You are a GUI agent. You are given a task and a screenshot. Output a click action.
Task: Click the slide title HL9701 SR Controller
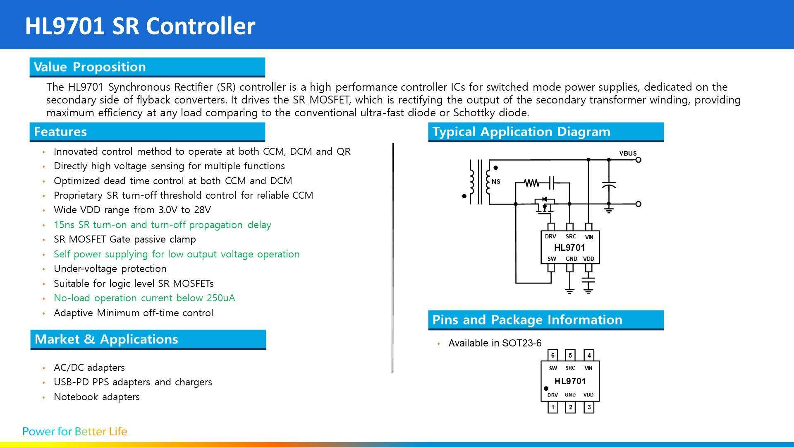point(140,26)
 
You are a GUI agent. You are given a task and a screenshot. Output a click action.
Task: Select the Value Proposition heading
point(90,67)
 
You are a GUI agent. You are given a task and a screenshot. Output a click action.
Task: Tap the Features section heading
point(60,132)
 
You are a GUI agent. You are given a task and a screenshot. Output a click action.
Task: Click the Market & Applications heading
point(106,339)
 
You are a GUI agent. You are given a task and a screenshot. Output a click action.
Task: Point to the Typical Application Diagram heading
point(521,132)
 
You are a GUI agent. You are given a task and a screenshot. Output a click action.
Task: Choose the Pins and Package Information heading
point(527,320)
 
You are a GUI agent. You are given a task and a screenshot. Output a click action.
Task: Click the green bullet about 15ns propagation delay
point(163,225)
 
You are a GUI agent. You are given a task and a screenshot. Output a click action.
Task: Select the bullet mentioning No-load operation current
point(144,298)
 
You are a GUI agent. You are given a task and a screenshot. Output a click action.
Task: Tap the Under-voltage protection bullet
point(110,269)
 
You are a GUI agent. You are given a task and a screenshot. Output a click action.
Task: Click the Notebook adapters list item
point(97,397)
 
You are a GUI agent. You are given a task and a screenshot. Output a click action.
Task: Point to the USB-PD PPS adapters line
point(133,382)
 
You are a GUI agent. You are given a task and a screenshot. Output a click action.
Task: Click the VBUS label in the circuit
point(628,153)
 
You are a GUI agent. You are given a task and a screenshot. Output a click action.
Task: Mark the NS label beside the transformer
point(496,181)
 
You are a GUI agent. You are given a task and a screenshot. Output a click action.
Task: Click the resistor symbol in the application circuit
point(531,183)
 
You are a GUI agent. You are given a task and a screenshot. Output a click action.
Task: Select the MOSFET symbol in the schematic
point(545,204)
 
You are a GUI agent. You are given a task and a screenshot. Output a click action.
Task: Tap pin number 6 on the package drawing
point(553,355)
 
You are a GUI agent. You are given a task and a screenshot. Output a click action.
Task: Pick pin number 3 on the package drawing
point(589,407)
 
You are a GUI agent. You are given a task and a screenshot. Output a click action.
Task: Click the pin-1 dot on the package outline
point(546,388)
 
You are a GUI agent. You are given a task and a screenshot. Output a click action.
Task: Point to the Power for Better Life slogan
point(75,431)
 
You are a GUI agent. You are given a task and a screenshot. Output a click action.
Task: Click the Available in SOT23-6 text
point(495,343)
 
